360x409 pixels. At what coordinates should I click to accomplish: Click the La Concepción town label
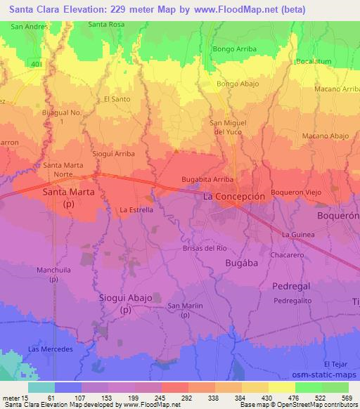coord(234,197)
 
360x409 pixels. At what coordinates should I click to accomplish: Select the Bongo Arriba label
coord(234,49)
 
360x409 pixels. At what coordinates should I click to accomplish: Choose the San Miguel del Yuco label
coord(228,126)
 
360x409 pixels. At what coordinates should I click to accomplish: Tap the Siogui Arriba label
coord(113,152)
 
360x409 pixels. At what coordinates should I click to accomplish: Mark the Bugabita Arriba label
coord(207,180)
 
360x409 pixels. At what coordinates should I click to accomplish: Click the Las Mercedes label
coord(50,349)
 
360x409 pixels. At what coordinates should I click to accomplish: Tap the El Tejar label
coord(336,364)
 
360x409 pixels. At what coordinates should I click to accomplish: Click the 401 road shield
coord(37,63)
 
